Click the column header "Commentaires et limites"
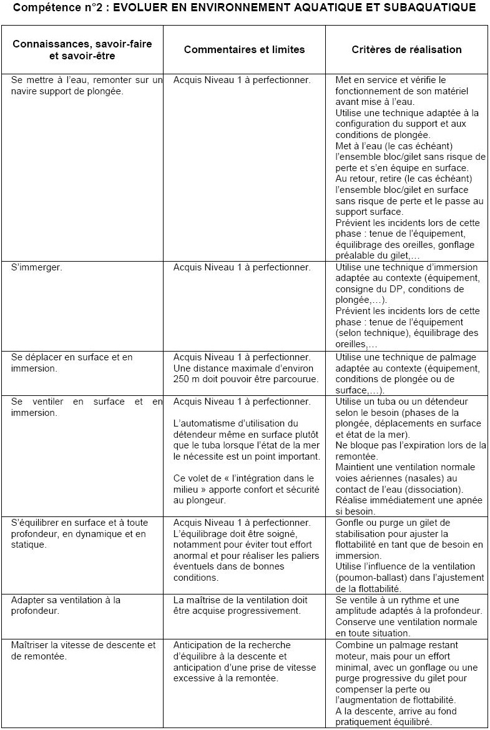click(x=244, y=49)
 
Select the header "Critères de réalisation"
click(x=406, y=49)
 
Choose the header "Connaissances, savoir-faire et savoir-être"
click(x=82, y=50)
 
